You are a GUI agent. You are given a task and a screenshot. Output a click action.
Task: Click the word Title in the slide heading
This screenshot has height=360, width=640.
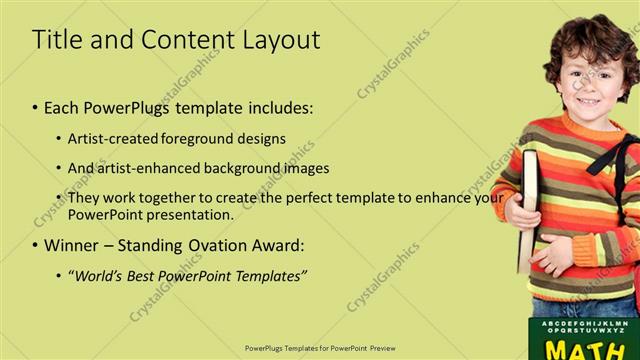coord(57,40)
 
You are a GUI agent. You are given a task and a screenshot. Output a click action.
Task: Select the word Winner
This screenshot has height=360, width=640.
coord(73,245)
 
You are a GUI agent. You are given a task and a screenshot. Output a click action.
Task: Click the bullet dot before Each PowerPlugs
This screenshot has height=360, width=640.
coord(35,107)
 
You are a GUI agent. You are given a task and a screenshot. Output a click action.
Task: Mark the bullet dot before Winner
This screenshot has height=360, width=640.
coord(35,245)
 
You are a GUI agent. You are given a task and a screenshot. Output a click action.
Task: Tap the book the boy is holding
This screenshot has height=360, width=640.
coord(527,210)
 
